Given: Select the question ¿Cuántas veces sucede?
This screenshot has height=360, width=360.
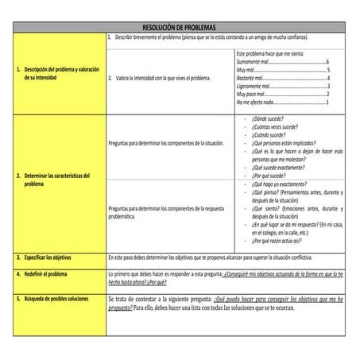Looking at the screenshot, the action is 274,126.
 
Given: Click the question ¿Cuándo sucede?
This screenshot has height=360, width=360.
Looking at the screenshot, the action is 269,135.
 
